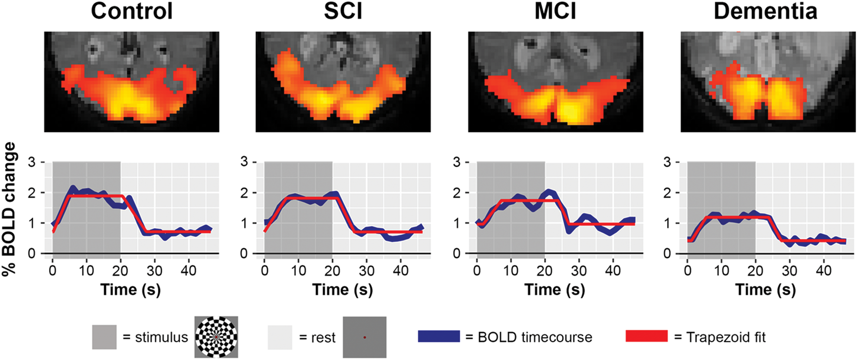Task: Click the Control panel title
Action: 131,11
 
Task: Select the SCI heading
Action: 343,11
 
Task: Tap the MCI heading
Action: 555,11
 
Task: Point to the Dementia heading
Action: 766,11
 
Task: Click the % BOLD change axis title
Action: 9,209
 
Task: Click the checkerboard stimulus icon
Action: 216,337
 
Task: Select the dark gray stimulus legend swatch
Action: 104,337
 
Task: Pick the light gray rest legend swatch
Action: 280,337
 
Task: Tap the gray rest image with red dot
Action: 364,337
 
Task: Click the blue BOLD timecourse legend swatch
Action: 439,336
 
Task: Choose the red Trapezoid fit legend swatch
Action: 647,336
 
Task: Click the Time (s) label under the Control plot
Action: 131,290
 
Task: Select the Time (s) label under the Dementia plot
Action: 766,290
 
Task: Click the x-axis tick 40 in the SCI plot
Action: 401,271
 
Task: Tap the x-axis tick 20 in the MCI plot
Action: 545,271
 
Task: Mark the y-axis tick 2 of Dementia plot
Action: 667,192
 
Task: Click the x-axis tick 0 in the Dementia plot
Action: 687,271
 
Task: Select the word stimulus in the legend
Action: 162,337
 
